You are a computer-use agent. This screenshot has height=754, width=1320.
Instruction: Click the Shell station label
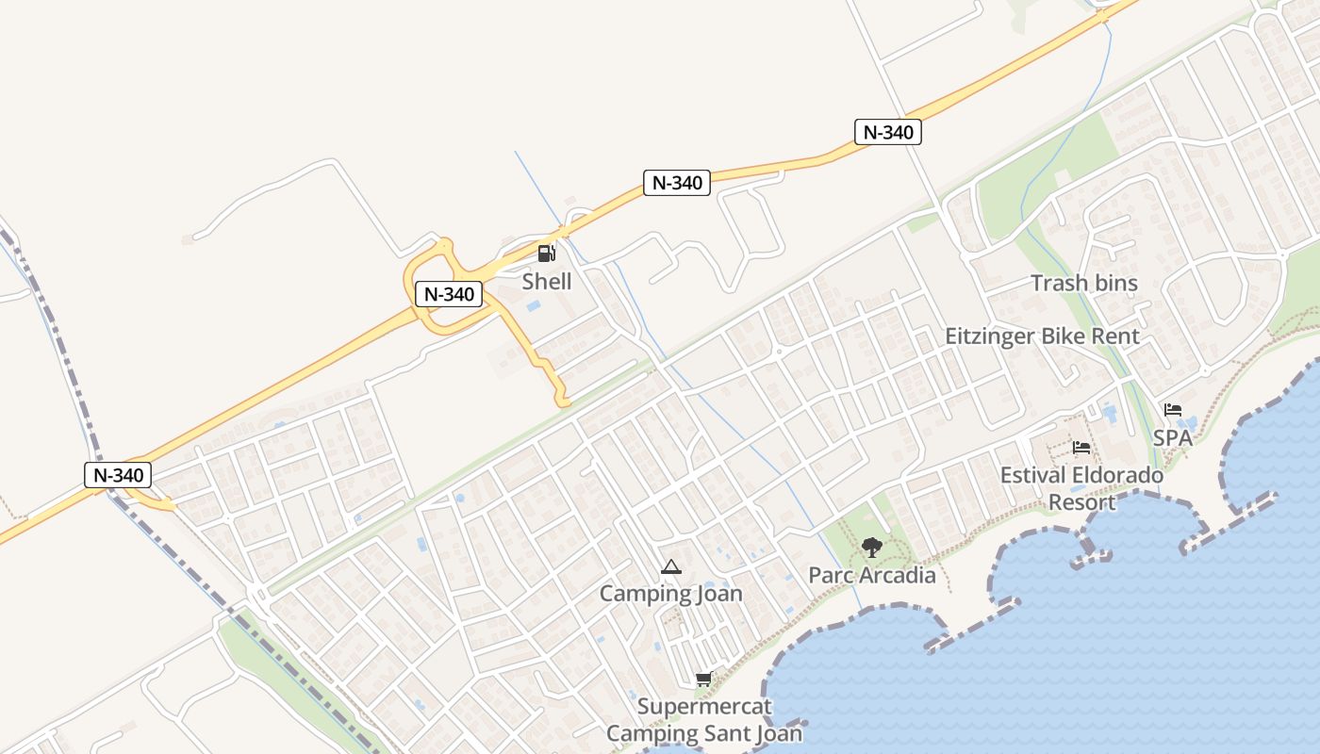pos(547,281)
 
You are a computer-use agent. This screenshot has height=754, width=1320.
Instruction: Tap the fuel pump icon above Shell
pos(546,253)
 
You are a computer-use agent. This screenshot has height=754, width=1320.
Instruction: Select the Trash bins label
pos(1084,283)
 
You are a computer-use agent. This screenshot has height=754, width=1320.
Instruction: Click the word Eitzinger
pos(1002,336)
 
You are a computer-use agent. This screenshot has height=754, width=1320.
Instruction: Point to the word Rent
pos(1115,336)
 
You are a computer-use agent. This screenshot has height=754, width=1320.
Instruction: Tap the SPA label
pos(1173,438)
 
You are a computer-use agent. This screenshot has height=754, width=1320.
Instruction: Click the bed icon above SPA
pos(1173,410)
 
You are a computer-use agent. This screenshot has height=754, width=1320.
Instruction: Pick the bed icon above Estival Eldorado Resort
pos(1081,447)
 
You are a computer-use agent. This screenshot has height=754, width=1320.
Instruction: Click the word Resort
pos(1082,502)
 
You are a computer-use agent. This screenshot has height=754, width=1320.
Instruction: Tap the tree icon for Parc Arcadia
pos(872,547)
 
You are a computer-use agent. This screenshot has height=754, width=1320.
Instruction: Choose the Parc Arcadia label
pos(872,575)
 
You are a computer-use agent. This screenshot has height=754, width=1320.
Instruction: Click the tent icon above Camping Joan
pos(670,566)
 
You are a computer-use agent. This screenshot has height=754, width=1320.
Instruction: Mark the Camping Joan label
pos(671,594)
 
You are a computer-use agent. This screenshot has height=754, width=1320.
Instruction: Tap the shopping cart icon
pos(703,679)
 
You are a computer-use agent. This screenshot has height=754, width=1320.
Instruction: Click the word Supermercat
pos(704,707)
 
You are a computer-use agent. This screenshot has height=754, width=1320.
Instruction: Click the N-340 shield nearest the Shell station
pos(449,294)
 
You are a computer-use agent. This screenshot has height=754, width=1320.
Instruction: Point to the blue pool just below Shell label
pos(534,306)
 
